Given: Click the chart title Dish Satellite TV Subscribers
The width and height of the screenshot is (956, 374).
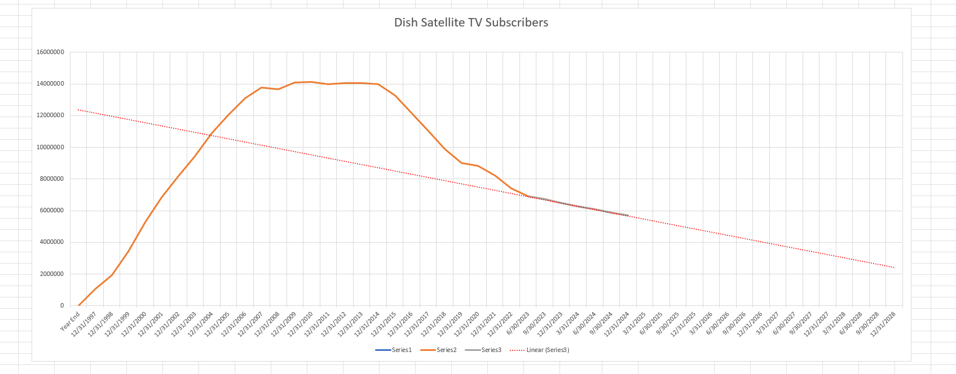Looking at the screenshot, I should click(471, 23).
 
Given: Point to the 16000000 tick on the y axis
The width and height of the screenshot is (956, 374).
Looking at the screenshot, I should click(50, 52).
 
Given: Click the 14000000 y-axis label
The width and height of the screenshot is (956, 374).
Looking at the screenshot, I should click(50, 84).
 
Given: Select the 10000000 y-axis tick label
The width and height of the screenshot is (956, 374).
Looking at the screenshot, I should click(50, 148).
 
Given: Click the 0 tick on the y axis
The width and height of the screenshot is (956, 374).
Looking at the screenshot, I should click(62, 306).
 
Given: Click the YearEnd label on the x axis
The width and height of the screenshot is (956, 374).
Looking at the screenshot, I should click(71, 320).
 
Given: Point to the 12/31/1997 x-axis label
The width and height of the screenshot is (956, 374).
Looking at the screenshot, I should click(85, 323).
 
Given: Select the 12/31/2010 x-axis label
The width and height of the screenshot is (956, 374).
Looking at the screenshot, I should click(301, 323).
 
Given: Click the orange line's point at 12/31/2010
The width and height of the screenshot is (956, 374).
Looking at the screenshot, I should click(311, 82).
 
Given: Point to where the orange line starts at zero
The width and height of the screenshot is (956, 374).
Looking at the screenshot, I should click(78, 306).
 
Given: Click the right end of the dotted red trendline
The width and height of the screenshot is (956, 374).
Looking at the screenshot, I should click(894, 268).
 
